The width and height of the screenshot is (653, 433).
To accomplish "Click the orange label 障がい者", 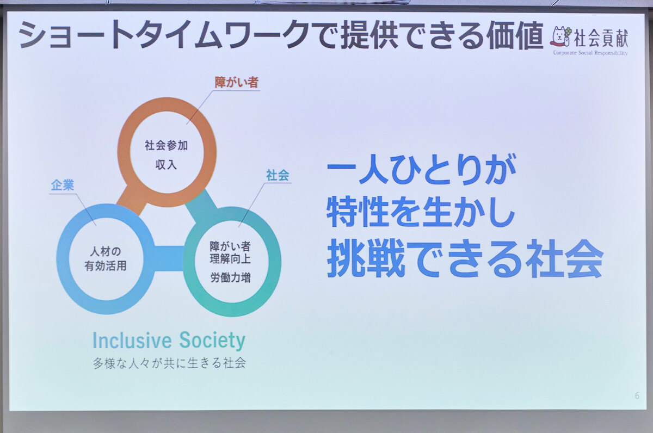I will (236, 83).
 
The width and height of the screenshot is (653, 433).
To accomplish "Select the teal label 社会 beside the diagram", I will (277, 175).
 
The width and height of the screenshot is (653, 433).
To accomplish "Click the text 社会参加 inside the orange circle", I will (166, 145).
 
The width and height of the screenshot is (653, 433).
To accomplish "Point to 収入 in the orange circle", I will (166, 165).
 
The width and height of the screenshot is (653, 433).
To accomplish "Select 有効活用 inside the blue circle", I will (105, 267).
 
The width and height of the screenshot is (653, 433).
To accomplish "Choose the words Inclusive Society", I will (169, 341).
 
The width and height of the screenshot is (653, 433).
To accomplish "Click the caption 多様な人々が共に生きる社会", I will (169, 363).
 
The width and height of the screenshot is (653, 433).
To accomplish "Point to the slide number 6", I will (637, 395).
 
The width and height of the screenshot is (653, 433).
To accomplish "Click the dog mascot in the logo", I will (561, 36).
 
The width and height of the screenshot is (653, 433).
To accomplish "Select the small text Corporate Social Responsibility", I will (590, 53).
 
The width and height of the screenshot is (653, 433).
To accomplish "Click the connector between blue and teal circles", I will (167, 258).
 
